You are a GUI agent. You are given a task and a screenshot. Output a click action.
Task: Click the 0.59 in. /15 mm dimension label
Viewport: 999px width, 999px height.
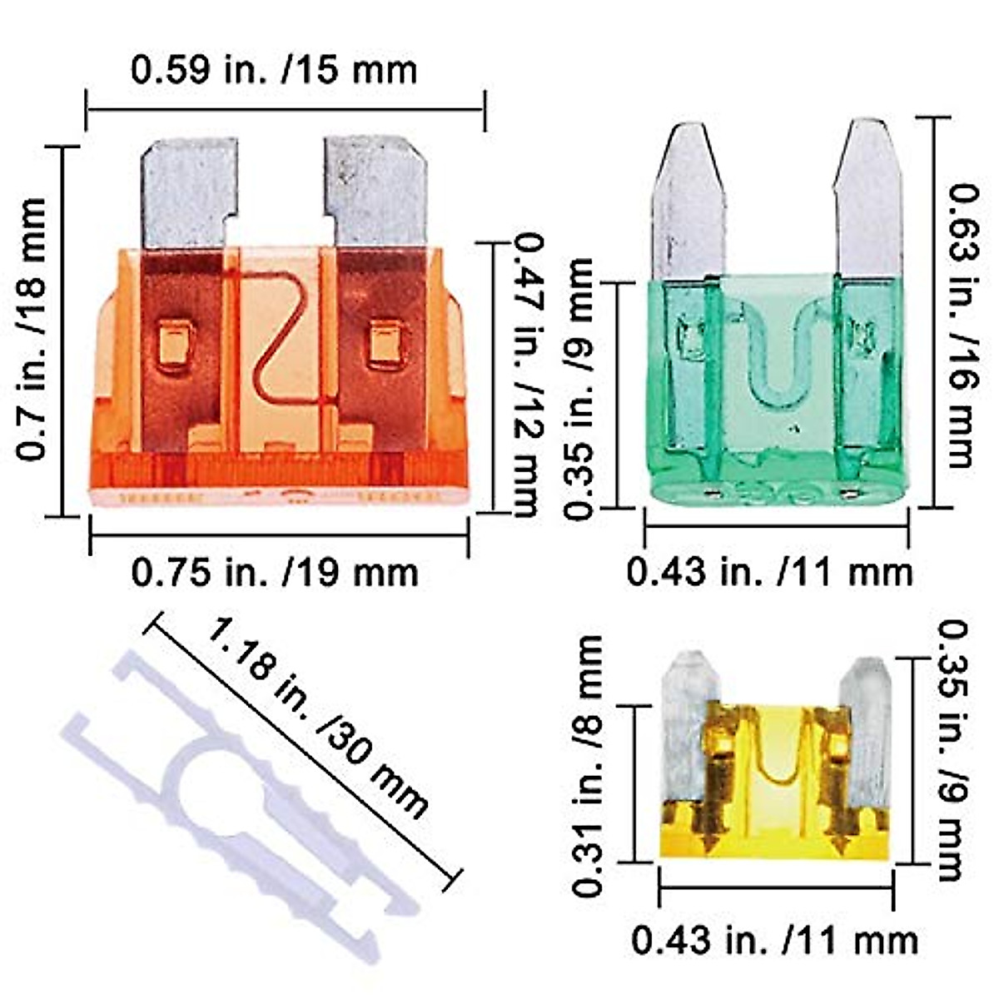click(274, 69)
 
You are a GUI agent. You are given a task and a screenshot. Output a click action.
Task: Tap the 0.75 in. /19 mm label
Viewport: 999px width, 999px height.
click(275, 573)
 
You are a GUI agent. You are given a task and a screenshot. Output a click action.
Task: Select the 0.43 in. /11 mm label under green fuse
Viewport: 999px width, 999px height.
click(770, 573)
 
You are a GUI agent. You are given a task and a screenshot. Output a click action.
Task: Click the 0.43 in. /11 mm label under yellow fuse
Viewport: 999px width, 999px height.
click(774, 941)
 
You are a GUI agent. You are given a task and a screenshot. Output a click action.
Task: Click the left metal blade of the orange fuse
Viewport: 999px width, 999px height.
click(189, 191)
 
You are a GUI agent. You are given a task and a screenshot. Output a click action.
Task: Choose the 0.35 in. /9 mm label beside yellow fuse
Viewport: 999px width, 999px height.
click(949, 749)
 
